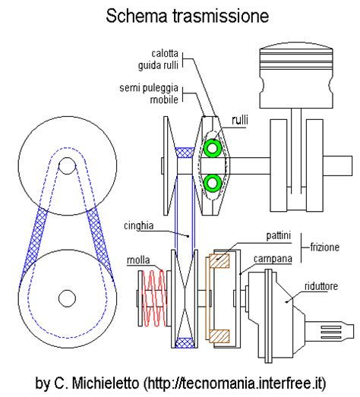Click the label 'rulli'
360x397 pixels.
242,119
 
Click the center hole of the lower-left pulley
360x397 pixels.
66,296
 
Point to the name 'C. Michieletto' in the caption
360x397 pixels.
92,380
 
